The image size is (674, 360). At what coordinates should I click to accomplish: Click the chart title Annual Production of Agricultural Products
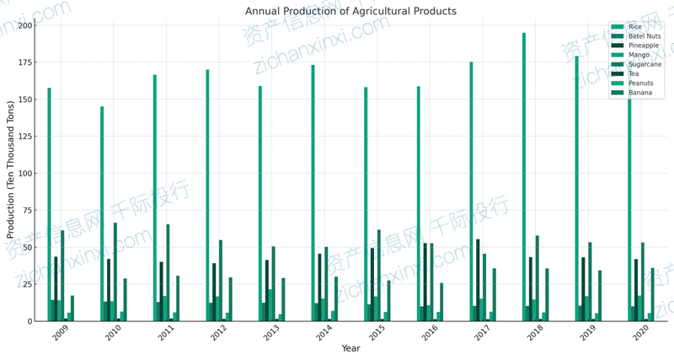pos(350,11)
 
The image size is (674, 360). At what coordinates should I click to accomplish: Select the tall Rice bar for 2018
pos(524,177)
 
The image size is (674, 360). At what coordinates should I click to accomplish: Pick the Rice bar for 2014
pos(313,193)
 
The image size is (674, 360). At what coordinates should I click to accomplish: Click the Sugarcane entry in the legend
pos(645,64)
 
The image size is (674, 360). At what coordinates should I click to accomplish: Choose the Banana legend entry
pos(640,93)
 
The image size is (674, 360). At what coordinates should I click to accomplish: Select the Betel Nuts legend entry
pos(645,36)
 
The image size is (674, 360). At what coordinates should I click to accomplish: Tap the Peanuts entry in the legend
pos(640,83)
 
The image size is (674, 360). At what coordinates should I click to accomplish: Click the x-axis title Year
pos(350,348)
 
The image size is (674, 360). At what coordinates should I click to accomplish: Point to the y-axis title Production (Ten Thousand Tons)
pos(11,173)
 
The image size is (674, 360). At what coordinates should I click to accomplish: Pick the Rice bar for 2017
pos(471,191)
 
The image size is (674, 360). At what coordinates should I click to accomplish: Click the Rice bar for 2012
pos(207,195)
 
